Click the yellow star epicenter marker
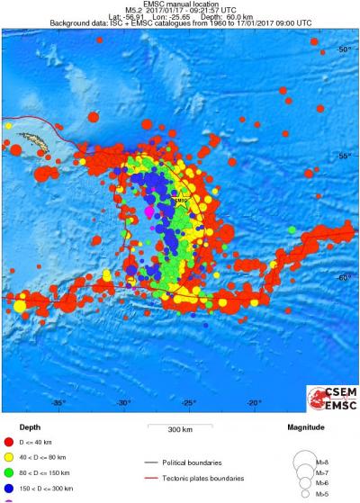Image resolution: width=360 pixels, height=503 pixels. (179, 202)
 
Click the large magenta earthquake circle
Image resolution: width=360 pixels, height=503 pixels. (150, 211)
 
